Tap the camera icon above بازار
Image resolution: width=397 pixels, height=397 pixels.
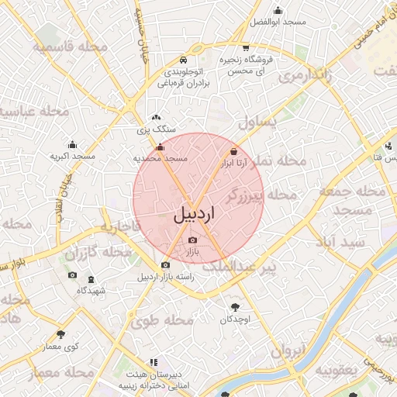click(x=193, y=240)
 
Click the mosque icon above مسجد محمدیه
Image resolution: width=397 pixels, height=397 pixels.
click(x=161, y=147)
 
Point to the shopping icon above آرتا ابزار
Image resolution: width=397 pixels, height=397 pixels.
click(x=233, y=152)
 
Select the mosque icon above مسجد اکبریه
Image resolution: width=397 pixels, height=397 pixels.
click(x=73, y=144)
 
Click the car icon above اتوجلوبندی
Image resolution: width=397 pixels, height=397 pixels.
click(x=182, y=60)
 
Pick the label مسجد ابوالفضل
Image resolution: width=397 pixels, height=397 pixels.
click(x=278, y=22)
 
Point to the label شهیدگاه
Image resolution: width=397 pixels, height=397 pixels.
click(x=91, y=290)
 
